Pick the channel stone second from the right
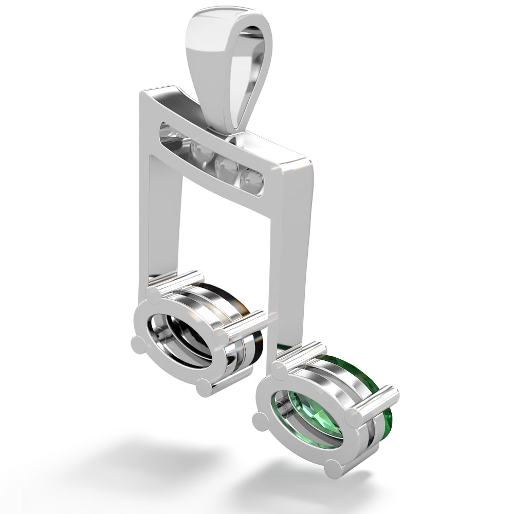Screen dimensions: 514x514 click(224, 164)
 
